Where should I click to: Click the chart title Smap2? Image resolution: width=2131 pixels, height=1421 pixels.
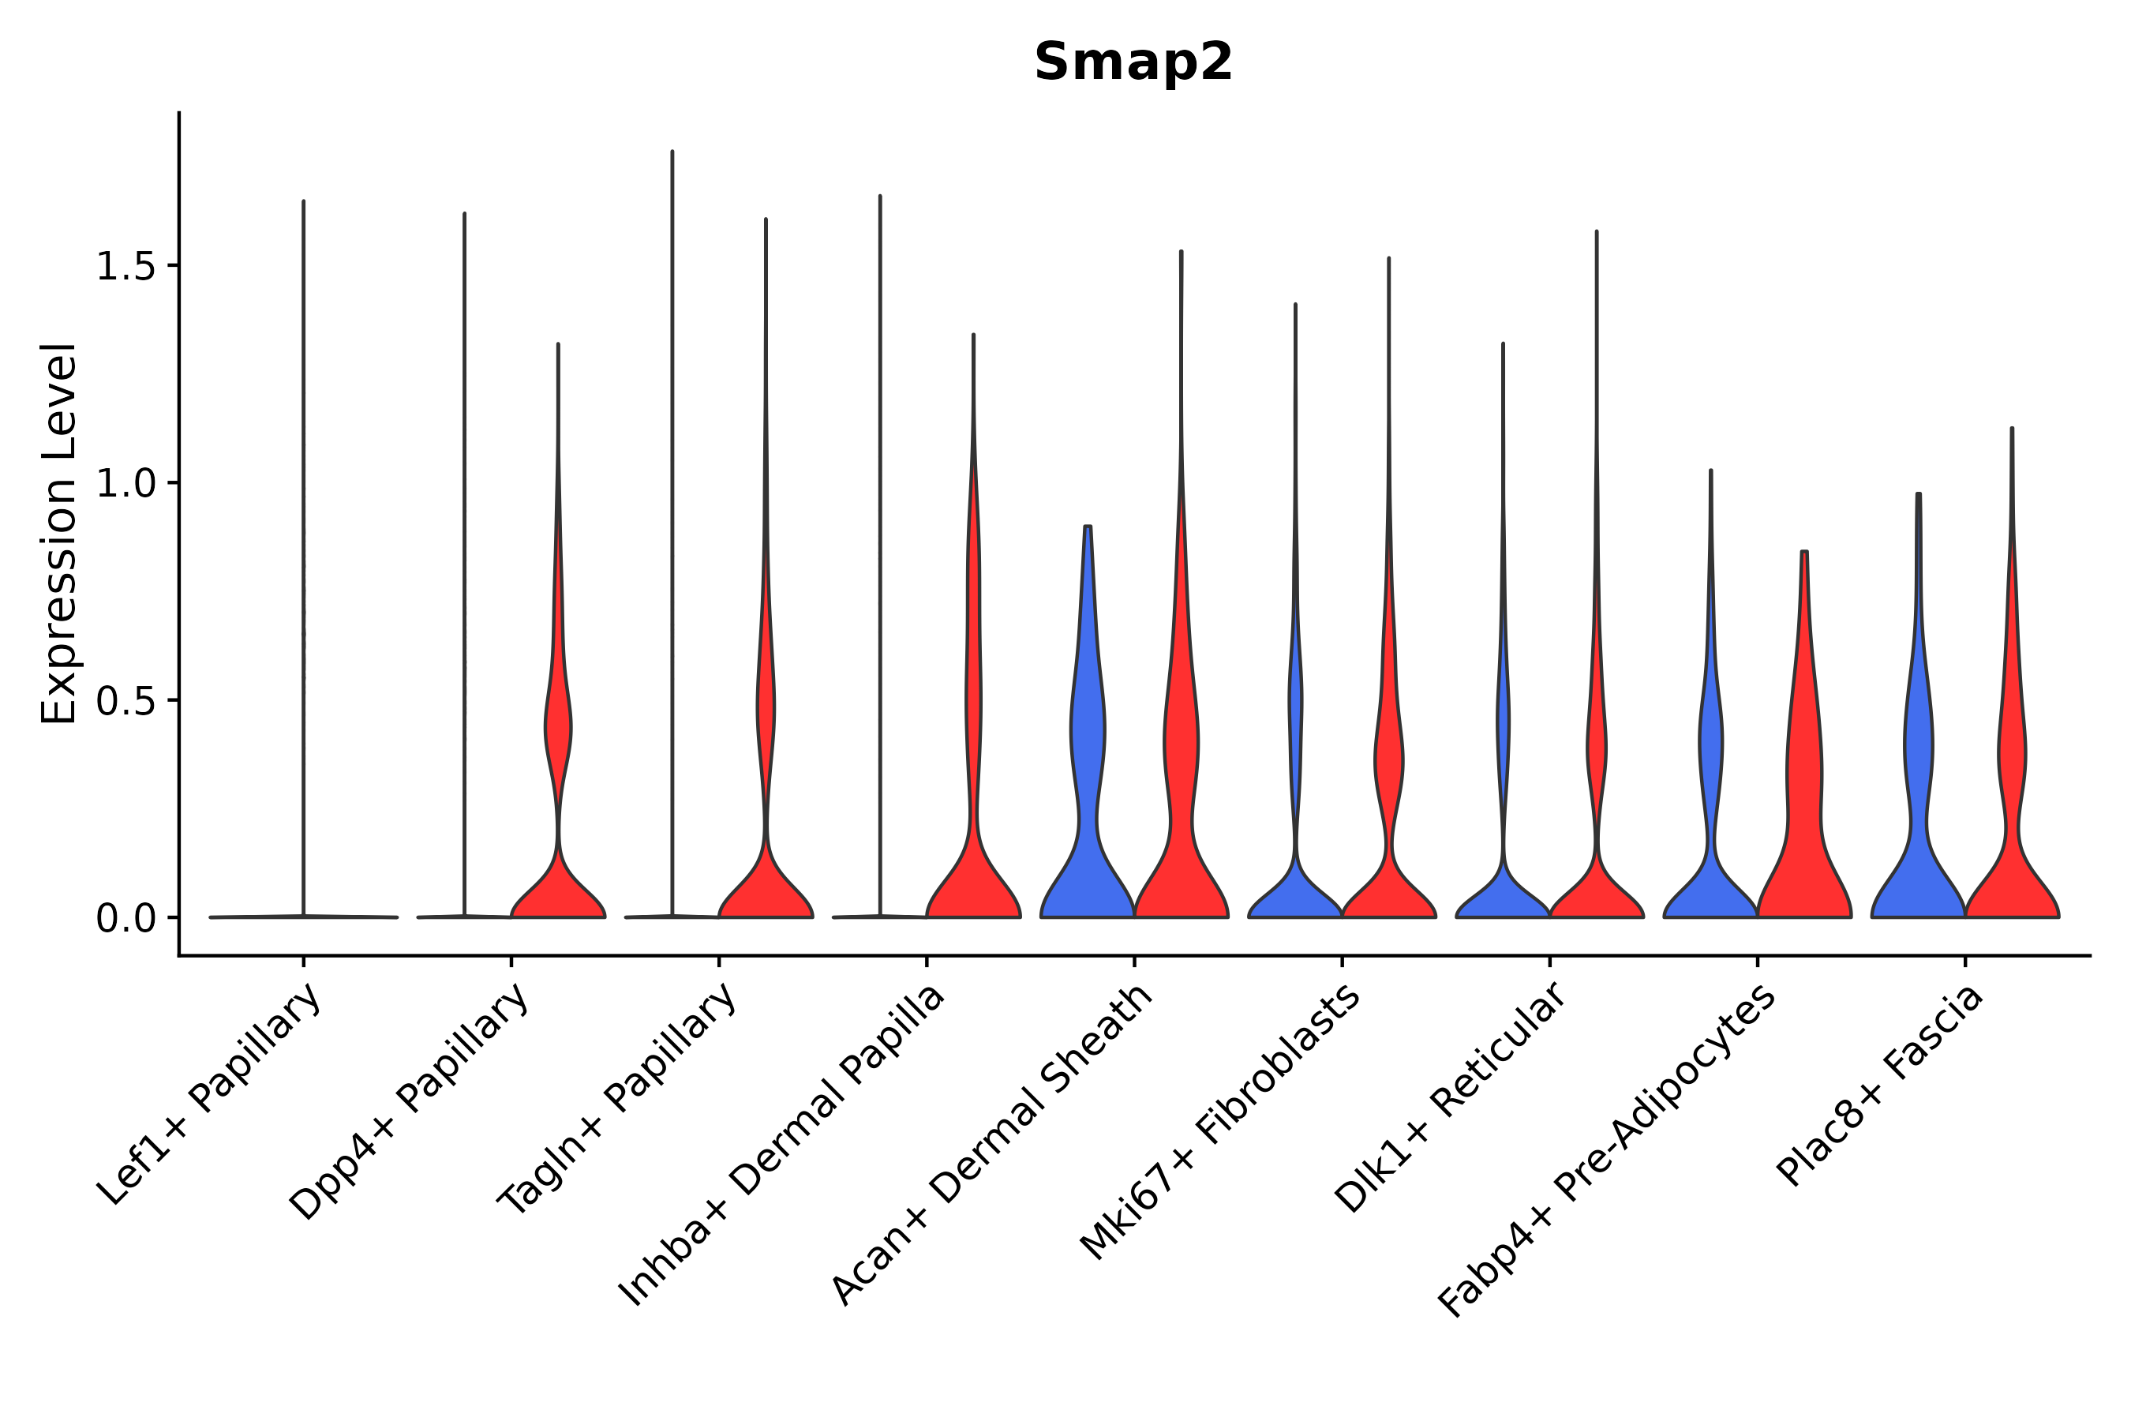1133,62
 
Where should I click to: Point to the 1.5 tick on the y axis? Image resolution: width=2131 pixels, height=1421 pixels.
125,267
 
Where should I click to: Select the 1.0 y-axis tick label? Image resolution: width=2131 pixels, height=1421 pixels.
125,484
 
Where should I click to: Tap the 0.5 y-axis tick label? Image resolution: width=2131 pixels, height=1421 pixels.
125,700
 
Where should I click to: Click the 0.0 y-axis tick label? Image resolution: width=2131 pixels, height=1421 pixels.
125,919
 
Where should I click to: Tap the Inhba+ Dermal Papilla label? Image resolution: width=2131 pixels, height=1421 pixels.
782,1145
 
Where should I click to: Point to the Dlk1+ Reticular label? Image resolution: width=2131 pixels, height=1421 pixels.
1450,1097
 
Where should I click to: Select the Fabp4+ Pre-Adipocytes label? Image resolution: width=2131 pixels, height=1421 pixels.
1606,1150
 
